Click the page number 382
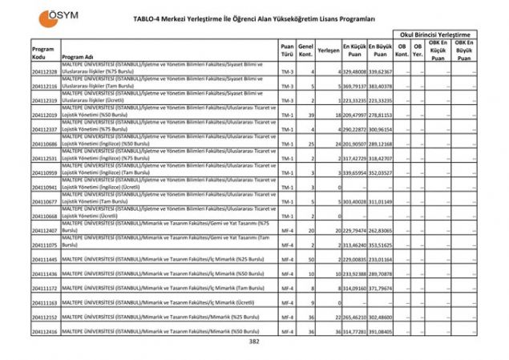254,342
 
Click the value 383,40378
381,86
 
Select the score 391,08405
381,331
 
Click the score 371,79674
381,288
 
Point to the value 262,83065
381,230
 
